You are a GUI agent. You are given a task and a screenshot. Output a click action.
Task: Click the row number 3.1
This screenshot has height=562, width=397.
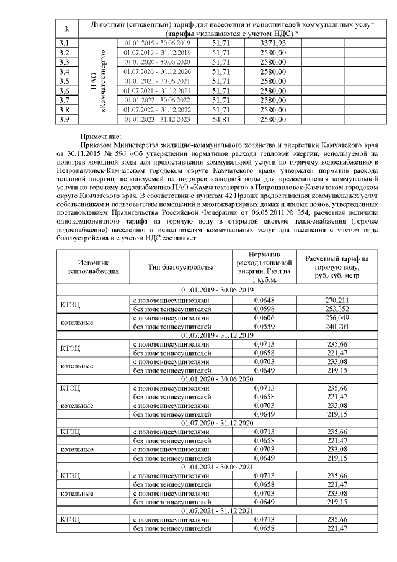click(x=63, y=42)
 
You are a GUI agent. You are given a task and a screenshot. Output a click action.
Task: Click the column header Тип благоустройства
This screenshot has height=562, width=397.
click(x=181, y=267)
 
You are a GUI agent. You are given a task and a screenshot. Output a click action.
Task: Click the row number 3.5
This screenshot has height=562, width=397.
click(x=63, y=81)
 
